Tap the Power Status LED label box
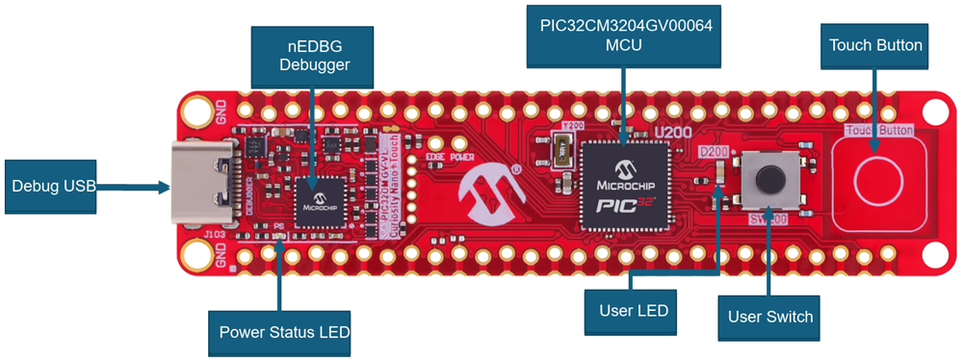coord(278,333)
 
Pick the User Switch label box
coord(770,316)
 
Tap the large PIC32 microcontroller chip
coord(624,184)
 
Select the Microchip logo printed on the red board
coord(485,189)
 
